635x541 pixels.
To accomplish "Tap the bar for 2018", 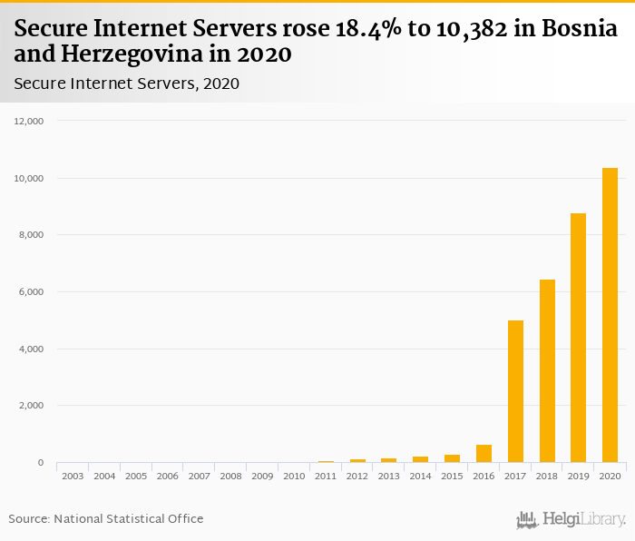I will (x=547, y=371).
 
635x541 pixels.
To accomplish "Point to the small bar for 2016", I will (x=484, y=454).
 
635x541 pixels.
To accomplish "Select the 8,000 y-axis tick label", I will (x=32, y=235).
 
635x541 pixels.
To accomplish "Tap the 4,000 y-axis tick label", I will (x=32, y=349).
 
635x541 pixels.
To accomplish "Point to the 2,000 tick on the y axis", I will (x=32, y=406).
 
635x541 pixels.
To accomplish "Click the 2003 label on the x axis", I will (x=73, y=476).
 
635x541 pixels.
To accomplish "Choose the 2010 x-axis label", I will (x=294, y=476).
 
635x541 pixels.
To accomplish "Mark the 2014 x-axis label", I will (x=420, y=476).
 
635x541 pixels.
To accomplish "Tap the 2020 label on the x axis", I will (x=610, y=476).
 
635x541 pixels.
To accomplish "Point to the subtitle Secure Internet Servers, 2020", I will (x=127, y=84).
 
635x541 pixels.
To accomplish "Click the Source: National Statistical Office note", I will (x=106, y=518).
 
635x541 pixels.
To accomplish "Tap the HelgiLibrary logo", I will (x=571, y=519).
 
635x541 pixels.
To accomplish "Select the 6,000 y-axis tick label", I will (x=32, y=292).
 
